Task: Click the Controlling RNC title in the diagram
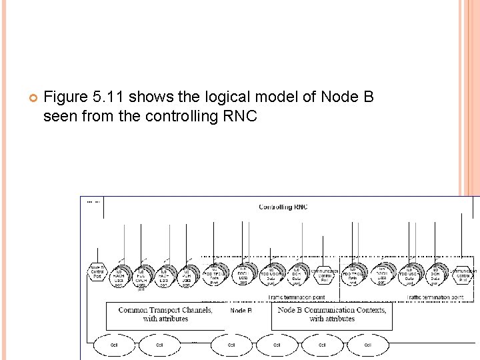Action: click(x=283, y=207)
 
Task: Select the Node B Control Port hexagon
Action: click(x=97, y=273)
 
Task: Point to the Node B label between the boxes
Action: click(x=241, y=310)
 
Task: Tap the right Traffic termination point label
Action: click(x=435, y=296)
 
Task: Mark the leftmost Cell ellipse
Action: click(x=113, y=345)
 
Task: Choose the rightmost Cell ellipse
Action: click(x=367, y=345)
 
